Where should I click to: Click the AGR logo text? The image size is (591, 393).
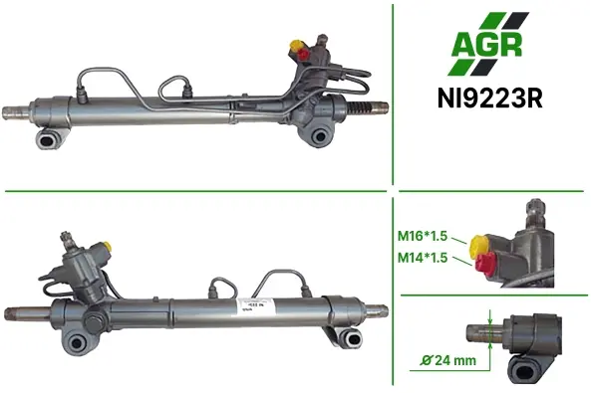click(487, 45)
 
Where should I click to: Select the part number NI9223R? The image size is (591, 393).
click(490, 98)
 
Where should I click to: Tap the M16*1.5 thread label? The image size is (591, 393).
click(423, 236)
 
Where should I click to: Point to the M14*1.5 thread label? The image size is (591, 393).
click(423, 258)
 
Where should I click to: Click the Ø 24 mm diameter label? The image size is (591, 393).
click(448, 360)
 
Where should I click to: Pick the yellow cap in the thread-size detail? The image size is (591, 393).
click(478, 245)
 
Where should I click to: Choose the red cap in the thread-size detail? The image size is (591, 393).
click(484, 265)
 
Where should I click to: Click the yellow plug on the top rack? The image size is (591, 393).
click(295, 45)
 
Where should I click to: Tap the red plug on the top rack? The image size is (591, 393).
click(303, 55)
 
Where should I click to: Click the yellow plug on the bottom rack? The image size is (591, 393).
click(107, 246)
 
